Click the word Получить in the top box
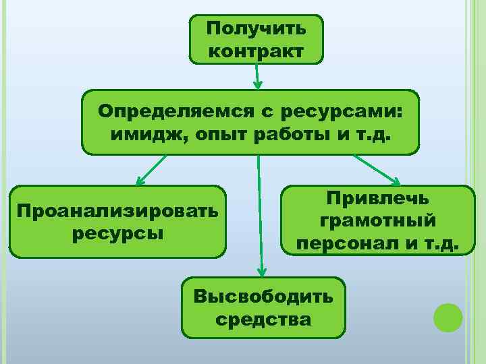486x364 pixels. (256, 28)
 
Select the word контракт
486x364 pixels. (256, 51)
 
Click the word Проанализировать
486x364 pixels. (118, 210)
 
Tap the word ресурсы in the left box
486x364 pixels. (118, 233)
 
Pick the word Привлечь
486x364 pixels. (377, 198)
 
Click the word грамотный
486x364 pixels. (377, 221)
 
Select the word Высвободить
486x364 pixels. (263, 296)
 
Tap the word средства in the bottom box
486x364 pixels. (263, 319)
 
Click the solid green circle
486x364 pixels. (448, 317)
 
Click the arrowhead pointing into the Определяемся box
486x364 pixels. (257, 86)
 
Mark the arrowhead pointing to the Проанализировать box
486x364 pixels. (140, 181)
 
